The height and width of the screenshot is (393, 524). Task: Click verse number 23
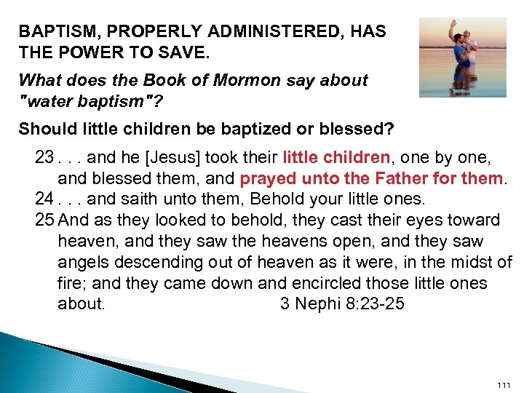44,157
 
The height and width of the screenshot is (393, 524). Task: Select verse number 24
44,199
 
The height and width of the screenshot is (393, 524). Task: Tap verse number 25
44,220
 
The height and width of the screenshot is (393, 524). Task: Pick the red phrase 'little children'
336,157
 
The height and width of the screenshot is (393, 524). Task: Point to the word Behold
277,199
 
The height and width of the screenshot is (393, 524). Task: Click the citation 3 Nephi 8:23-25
342,303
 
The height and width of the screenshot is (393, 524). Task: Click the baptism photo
463,57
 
